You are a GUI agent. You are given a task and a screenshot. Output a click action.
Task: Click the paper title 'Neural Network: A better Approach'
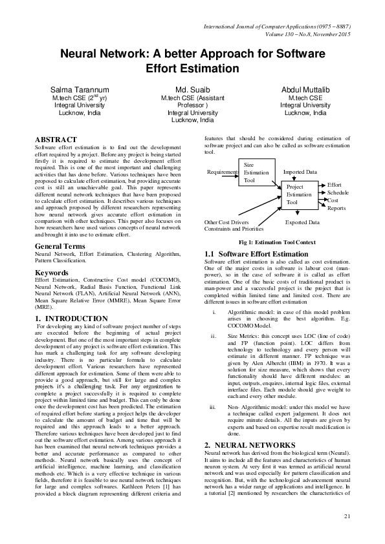point(192,61)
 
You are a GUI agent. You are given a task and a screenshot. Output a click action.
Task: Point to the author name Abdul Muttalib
point(305,89)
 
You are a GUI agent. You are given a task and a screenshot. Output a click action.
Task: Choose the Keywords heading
point(52,273)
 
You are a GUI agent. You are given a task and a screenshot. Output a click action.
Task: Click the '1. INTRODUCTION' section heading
point(65,319)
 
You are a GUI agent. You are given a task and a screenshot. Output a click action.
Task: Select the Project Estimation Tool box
point(299,194)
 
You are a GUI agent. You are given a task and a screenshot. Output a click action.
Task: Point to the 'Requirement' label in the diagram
point(222,173)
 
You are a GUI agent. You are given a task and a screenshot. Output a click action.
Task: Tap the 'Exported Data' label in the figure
point(302,222)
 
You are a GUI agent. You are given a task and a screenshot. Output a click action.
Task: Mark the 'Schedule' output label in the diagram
point(337,193)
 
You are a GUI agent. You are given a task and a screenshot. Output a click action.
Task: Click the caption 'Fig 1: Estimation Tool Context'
point(277,241)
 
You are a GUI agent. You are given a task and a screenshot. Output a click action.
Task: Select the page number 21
point(347,515)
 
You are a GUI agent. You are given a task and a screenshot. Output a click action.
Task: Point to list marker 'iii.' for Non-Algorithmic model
point(212,408)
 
